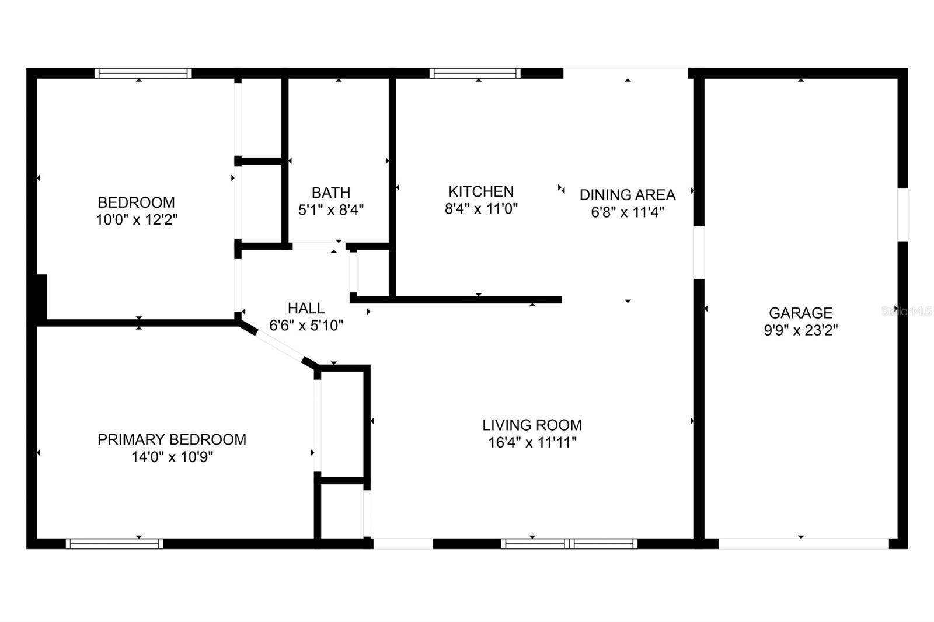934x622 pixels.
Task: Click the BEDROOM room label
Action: pos(137,202)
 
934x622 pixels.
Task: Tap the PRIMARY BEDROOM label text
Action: pos(172,439)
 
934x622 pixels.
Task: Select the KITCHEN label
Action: pos(481,192)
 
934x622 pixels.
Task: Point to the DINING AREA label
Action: pos(628,195)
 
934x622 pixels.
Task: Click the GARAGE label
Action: pos(800,313)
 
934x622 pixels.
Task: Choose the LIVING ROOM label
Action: pos(532,425)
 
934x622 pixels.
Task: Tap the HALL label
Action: pos(306,308)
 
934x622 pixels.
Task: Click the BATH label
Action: pos(331,193)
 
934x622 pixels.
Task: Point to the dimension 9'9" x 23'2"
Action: pos(800,330)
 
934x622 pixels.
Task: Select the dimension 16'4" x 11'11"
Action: pos(532,442)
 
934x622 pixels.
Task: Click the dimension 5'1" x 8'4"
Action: pos(331,209)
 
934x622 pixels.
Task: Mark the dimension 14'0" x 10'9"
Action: pos(172,457)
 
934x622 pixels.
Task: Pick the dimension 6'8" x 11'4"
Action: pos(628,212)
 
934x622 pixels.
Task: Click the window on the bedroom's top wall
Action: pos(143,74)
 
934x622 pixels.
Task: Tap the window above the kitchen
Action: pos(475,74)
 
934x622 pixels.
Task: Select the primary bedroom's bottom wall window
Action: pos(114,544)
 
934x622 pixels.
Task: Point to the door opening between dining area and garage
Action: pos(699,253)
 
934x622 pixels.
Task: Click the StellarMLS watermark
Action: pos(907,311)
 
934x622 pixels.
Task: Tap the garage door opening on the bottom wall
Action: pos(803,544)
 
